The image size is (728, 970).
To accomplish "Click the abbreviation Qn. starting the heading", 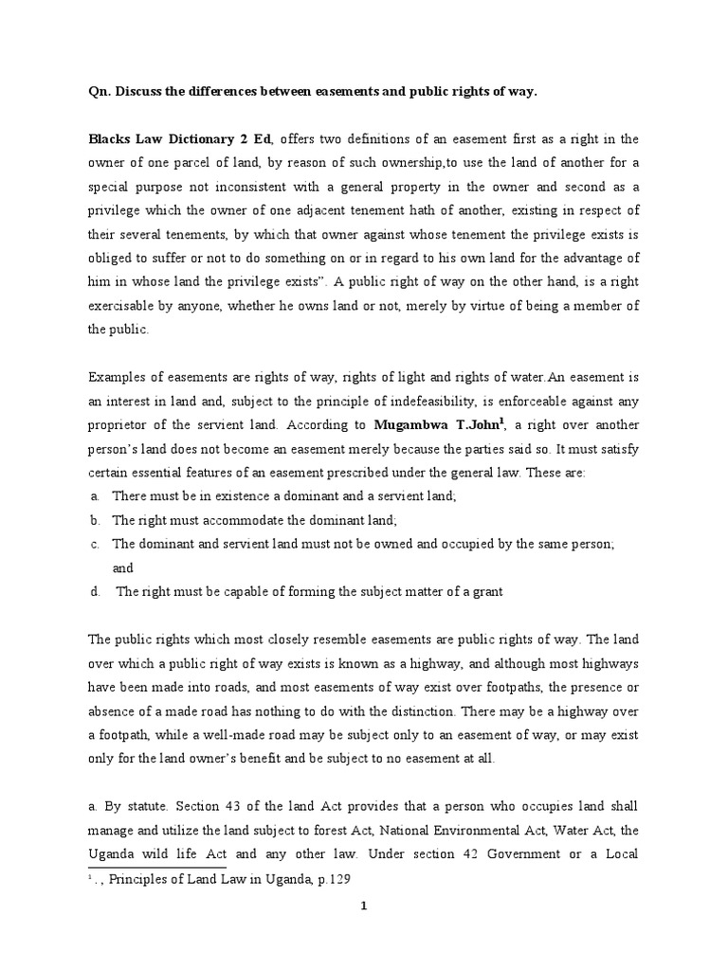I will tap(99, 92).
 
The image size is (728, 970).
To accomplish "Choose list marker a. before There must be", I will tap(95, 495).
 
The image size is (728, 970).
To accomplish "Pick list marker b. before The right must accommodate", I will tap(95, 520).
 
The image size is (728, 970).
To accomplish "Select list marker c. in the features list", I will tap(95, 545).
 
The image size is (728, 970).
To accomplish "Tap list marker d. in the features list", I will tap(95, 592).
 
